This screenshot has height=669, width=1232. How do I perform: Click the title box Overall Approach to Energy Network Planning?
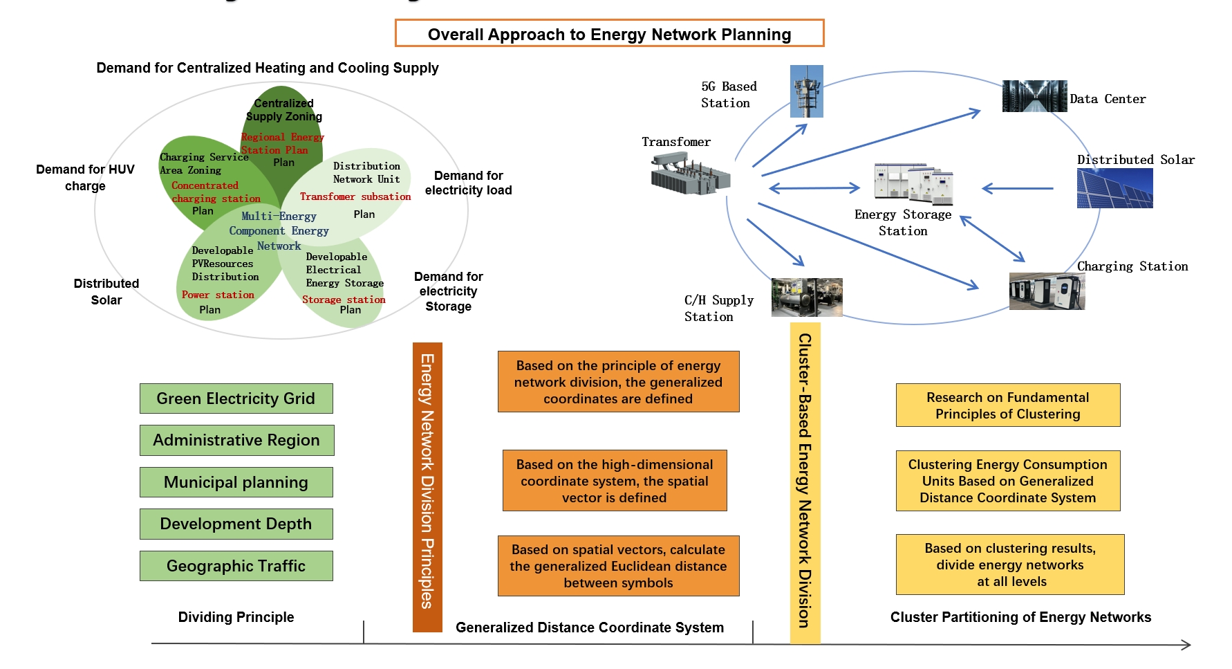609,33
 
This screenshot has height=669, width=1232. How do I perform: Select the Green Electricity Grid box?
236,398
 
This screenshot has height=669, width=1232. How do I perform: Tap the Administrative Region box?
236,440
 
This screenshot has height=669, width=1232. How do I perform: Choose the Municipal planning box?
236,482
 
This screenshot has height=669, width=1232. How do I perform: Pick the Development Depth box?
236,524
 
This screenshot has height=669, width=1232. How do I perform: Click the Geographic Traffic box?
236,566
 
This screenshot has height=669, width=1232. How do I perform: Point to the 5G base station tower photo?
807,91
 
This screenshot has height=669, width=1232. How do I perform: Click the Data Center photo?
1034,96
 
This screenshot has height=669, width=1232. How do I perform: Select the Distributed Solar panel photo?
1114,188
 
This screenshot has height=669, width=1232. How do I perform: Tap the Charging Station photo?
1047,291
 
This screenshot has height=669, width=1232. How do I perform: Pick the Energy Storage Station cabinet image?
913,184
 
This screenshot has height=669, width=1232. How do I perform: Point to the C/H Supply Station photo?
807,297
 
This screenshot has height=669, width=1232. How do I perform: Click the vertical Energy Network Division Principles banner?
427,487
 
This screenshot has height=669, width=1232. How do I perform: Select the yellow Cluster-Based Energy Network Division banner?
805,483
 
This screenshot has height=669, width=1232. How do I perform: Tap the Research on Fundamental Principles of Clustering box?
1007,405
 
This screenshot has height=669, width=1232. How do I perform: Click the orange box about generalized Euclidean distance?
618,566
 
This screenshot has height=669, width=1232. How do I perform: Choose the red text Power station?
218,295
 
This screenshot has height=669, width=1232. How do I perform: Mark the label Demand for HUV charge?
85,178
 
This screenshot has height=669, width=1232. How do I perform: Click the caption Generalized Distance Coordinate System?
589,627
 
